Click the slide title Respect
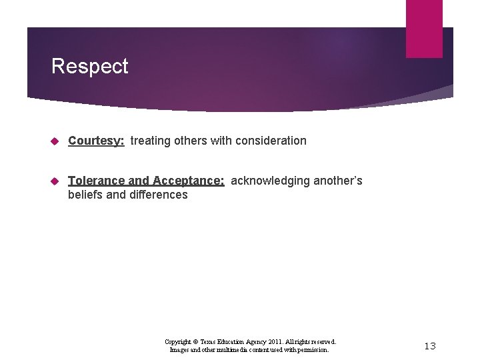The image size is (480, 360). (x=89, y=67)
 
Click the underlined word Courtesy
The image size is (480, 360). (x=96, y=141)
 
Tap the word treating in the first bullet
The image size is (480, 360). (x=150, y=141)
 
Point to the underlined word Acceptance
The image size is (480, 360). (x=188, y=181)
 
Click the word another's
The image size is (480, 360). (x=339, y=181)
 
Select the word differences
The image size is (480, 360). (x=159, y=195)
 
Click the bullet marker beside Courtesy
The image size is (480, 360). (x=56, y=141)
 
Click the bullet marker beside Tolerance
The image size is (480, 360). (x=56, y=181)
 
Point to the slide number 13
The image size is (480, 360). (x=430, y=345)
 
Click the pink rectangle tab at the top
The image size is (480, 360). (x=424, y=28)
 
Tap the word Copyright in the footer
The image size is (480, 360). (x=177, y=341)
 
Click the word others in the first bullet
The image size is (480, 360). (x=190, y=141)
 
